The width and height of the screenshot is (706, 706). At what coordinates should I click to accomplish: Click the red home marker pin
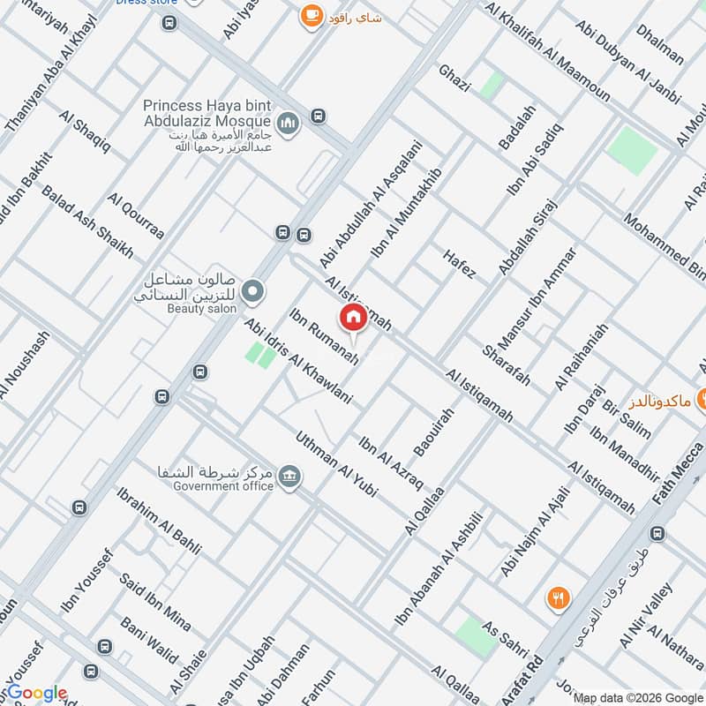pos(353,318)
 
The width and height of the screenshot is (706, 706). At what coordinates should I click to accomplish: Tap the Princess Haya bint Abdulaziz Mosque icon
pos(288,125)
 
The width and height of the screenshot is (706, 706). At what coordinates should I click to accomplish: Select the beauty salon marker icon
pos(253,289)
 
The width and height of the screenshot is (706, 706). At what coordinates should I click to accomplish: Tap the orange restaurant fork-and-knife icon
pos(557,597)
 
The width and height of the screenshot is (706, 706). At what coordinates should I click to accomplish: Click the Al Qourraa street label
pos(136,216)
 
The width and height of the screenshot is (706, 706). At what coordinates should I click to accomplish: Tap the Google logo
pos(35,694)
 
